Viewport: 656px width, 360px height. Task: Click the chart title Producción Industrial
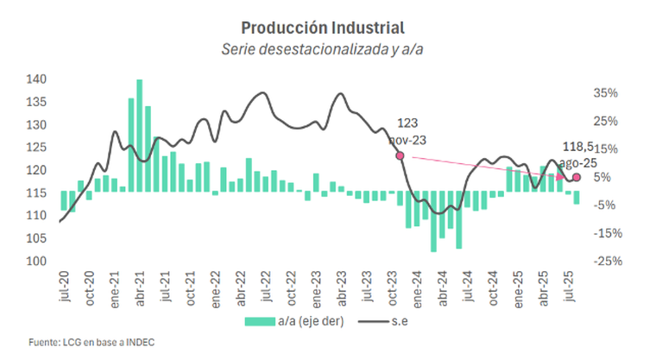pos(327,28)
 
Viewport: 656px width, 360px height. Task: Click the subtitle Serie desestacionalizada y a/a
pos(327,49)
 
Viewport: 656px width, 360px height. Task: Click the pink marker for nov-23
pos(400,155)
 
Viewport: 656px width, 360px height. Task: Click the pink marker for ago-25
pos(577,177)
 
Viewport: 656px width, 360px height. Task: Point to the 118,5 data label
pos(577,147)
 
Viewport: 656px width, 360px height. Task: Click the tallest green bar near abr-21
pos(139,134)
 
